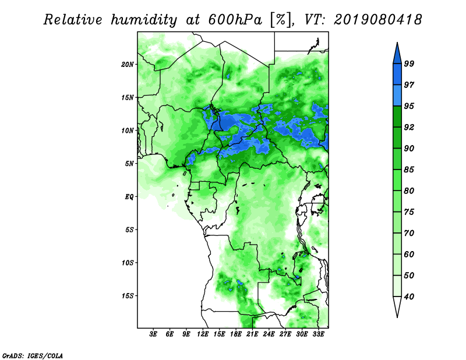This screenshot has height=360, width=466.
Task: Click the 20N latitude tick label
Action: [127, 64]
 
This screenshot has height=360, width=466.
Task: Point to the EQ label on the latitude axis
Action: [129, 196]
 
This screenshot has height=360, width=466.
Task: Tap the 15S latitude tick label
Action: [127, 295]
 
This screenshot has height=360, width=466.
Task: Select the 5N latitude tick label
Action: [129, 164]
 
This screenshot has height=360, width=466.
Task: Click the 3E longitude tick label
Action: [153, 334]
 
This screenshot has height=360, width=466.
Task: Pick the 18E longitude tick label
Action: [236, 334]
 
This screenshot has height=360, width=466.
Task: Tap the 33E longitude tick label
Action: [318, 334]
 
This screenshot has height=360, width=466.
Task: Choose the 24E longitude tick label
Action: [269, 334]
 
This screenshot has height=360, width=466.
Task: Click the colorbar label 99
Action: [409, 63]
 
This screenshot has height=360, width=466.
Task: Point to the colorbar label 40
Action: [409, 297]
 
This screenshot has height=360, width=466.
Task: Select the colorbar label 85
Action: [409, 170]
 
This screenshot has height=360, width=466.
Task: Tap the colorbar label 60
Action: [409, 254]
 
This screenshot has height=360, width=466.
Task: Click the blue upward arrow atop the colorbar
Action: [397, 54]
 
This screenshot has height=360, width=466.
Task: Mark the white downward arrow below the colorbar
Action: [397, 306]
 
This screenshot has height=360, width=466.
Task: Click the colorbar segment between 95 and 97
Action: [397, 96]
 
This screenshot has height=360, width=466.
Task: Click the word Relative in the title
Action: [73, 20]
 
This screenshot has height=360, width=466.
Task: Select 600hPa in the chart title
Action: [235, 20]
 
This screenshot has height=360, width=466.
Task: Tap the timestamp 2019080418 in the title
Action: [377, 20]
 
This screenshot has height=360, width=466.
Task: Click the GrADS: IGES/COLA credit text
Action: [33, 355]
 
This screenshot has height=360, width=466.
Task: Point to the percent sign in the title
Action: [280, 20]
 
